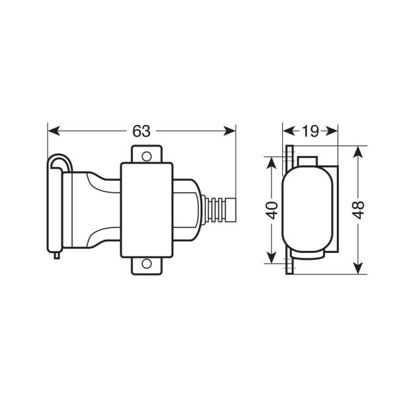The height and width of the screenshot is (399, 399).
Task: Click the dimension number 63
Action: pyautogui.click(x=141, y=131)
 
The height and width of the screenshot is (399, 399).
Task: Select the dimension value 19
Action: pyautogui.click(x=310, y=131)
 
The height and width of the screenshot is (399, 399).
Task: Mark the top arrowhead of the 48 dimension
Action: pyautogui.click(x=357, y=151)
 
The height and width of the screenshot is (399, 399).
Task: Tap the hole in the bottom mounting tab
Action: pyautogui.click(x=146, y=266)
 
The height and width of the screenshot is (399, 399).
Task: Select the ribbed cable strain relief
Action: pyautogui.click(x=210, y=209)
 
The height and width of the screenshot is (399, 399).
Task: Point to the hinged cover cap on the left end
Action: pyautogui.click(x=55, y=207)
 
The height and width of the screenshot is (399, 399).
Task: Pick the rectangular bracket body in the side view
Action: pyautogui.click(x=146, y=209)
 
